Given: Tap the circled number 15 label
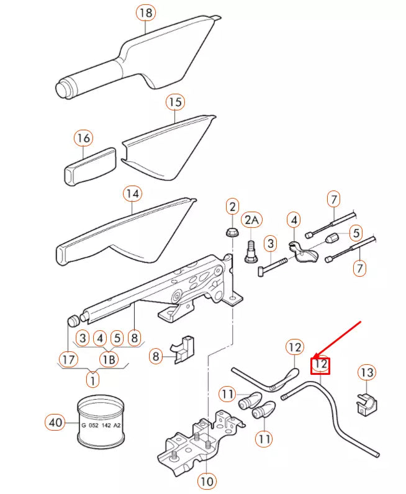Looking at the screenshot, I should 175,102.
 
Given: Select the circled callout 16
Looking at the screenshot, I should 83,138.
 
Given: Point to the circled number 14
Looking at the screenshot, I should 132,194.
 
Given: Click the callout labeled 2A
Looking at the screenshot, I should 253,220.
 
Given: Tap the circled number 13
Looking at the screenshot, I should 367,372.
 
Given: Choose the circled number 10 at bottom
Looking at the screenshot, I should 206,481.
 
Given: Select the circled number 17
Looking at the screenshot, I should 68,359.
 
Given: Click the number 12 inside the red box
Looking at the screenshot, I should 320,364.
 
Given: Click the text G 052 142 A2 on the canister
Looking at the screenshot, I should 101,425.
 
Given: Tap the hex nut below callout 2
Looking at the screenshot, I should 232,233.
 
